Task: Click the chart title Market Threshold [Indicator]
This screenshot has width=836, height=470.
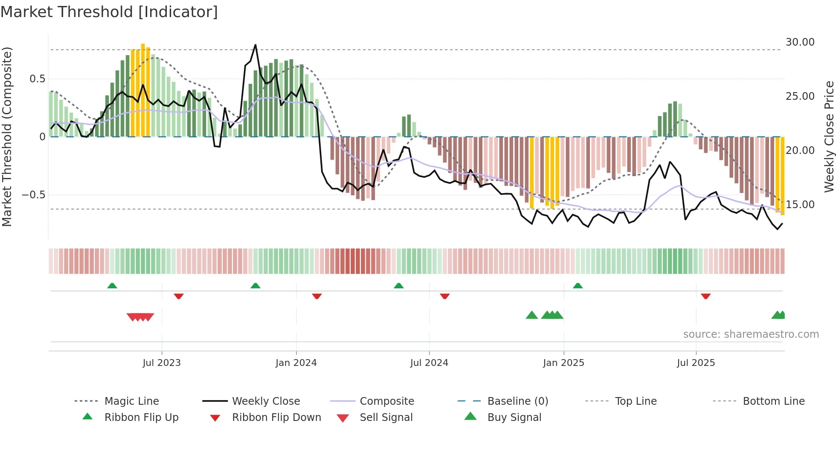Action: point(109,12)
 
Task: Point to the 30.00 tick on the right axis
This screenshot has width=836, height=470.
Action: point(800,42)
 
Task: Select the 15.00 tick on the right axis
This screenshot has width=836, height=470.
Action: point(800,205)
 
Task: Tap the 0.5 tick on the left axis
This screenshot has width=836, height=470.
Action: point(37,79)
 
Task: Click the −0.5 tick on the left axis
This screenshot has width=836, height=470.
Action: point(33,195)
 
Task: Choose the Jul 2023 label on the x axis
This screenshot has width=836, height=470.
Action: point(162,363)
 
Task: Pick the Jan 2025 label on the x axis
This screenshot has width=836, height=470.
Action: point(563,363)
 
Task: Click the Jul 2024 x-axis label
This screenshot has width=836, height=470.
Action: point(429,363)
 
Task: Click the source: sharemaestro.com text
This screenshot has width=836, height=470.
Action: point(751,334)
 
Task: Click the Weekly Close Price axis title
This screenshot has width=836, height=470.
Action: point(829,136)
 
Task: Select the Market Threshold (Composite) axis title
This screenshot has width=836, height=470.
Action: point(7,136)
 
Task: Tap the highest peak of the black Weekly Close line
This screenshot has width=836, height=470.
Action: point(255,45)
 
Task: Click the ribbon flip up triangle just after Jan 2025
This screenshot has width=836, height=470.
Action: point(578,286)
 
